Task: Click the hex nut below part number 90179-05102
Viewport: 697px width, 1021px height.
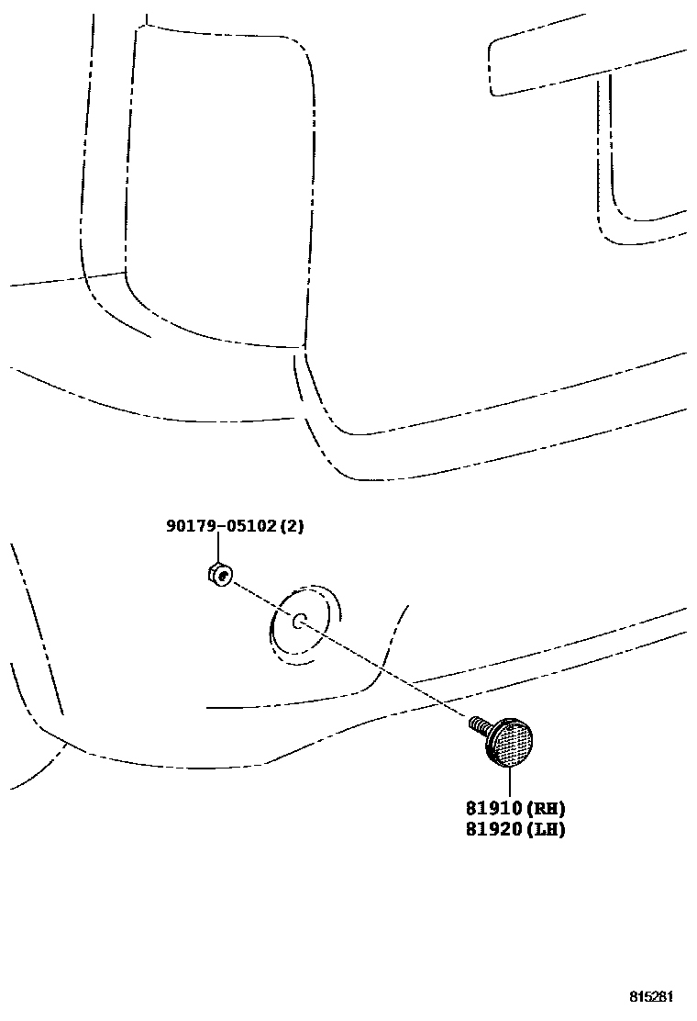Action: point(218,576)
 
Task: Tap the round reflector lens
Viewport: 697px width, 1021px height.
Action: point(512,741)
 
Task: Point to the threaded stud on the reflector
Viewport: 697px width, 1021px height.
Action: point(477,725)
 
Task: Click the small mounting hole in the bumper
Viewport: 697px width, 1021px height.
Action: point(298,622)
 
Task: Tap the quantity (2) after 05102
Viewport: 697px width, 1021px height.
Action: point(290,526)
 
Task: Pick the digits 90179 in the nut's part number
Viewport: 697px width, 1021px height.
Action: point(188,526)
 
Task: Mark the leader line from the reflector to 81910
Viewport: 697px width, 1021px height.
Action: point(507,782)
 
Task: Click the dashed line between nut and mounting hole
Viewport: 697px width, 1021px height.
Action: point(261,599)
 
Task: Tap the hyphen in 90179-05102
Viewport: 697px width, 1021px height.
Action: point(216,526)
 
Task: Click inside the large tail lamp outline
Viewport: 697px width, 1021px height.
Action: point(220,184)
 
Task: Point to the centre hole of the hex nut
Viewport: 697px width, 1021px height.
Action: point(225,578)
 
